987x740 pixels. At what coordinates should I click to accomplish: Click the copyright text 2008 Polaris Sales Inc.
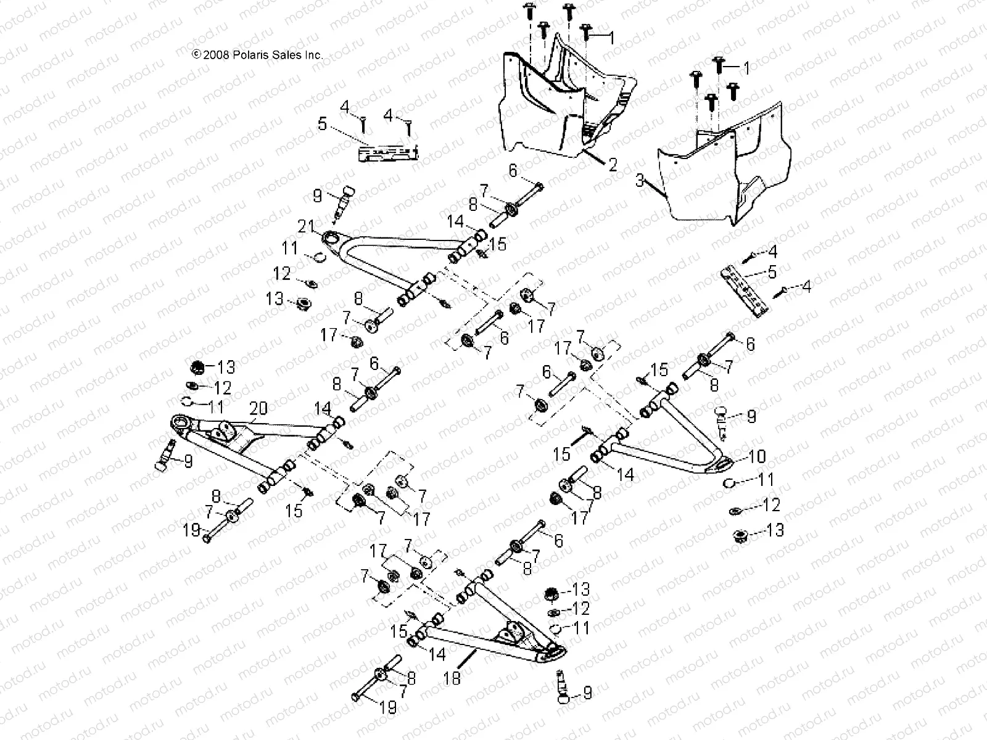click(x=258, y=55)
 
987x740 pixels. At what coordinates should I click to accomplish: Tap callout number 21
click(x=307, y=226)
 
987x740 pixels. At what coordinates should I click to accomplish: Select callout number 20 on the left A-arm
click(x=259, y=408)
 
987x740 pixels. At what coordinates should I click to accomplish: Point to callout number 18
click(x=452, y=678)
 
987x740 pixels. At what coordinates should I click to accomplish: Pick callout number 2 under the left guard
click(x=612, y=165)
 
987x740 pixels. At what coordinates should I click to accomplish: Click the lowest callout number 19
click(x=388, y=707)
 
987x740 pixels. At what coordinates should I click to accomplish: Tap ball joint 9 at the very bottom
click(x=561, y=688)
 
